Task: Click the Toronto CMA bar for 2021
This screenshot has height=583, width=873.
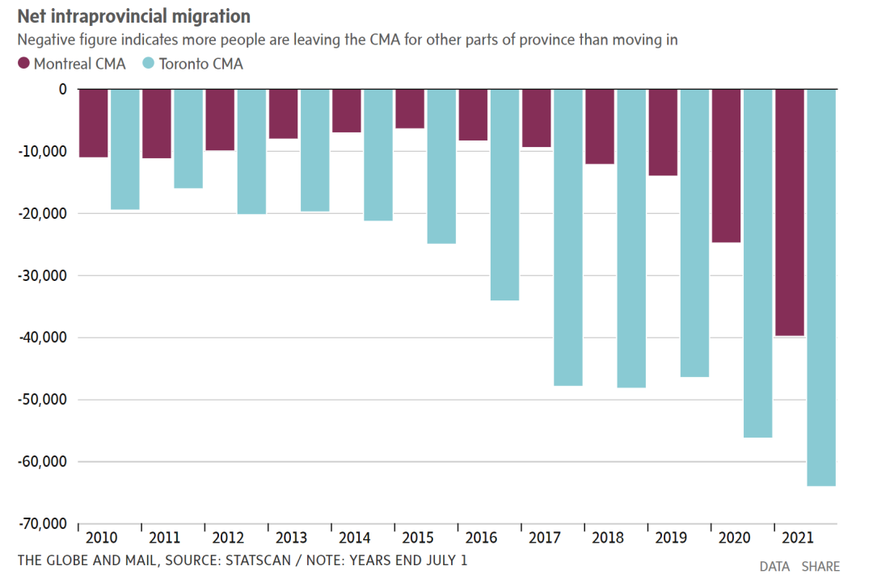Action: point(821,287)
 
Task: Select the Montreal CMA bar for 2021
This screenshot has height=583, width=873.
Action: point(790,212)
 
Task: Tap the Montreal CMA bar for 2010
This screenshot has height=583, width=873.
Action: point(94,123)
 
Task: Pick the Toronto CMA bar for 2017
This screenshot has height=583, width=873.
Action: point(568,237)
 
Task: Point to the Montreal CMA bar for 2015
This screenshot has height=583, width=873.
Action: point(410,109)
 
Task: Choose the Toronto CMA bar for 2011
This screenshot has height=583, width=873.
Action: point(188,139)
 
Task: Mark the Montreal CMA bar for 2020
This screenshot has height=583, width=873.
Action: point(726,166)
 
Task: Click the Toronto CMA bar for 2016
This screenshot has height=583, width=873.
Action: point(504,195)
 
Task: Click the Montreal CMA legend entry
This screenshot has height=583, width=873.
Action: point(72,64)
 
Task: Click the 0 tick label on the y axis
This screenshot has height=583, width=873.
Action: point(62,89)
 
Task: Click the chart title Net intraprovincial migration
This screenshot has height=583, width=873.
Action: point(133,16)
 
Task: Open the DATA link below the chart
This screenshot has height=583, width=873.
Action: point(775,567)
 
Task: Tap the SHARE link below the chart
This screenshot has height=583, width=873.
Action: point(820,567)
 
